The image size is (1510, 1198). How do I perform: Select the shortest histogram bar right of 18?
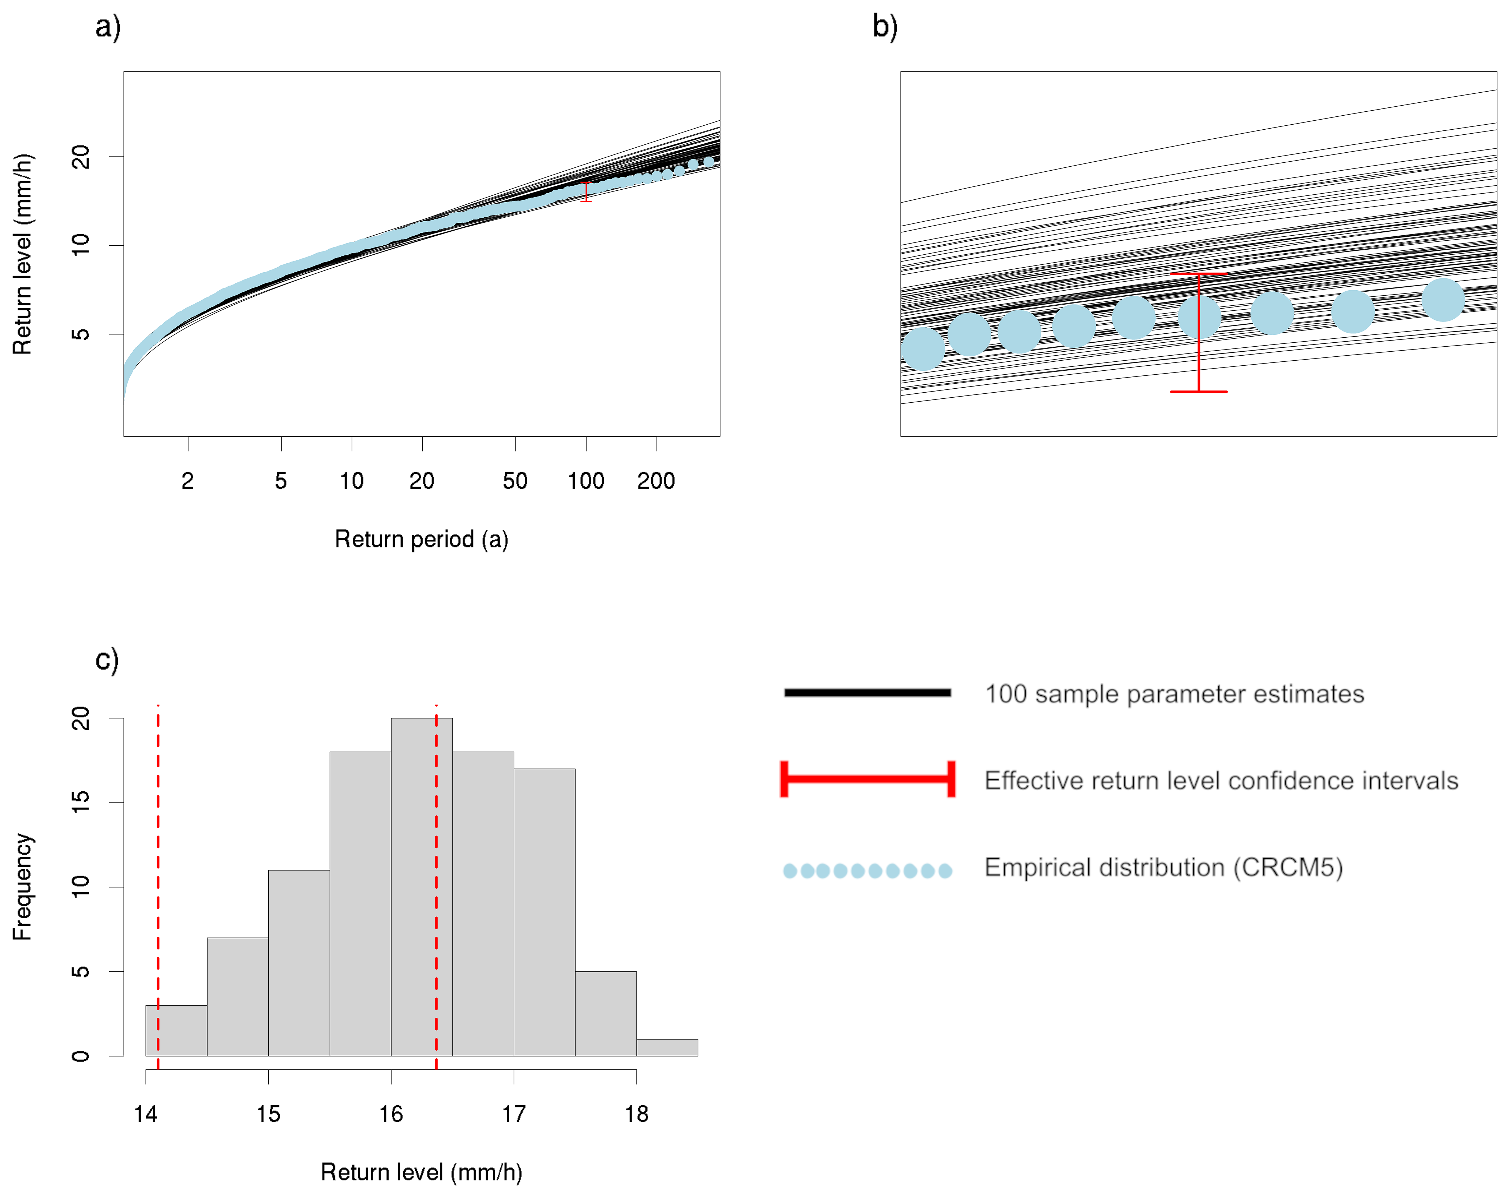pos(667,1047)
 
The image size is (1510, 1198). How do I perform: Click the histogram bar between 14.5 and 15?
pos(237,996)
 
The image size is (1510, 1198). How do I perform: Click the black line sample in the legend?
pos(867,693)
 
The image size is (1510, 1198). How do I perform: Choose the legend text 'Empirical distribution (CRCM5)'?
pos(1163,867)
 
